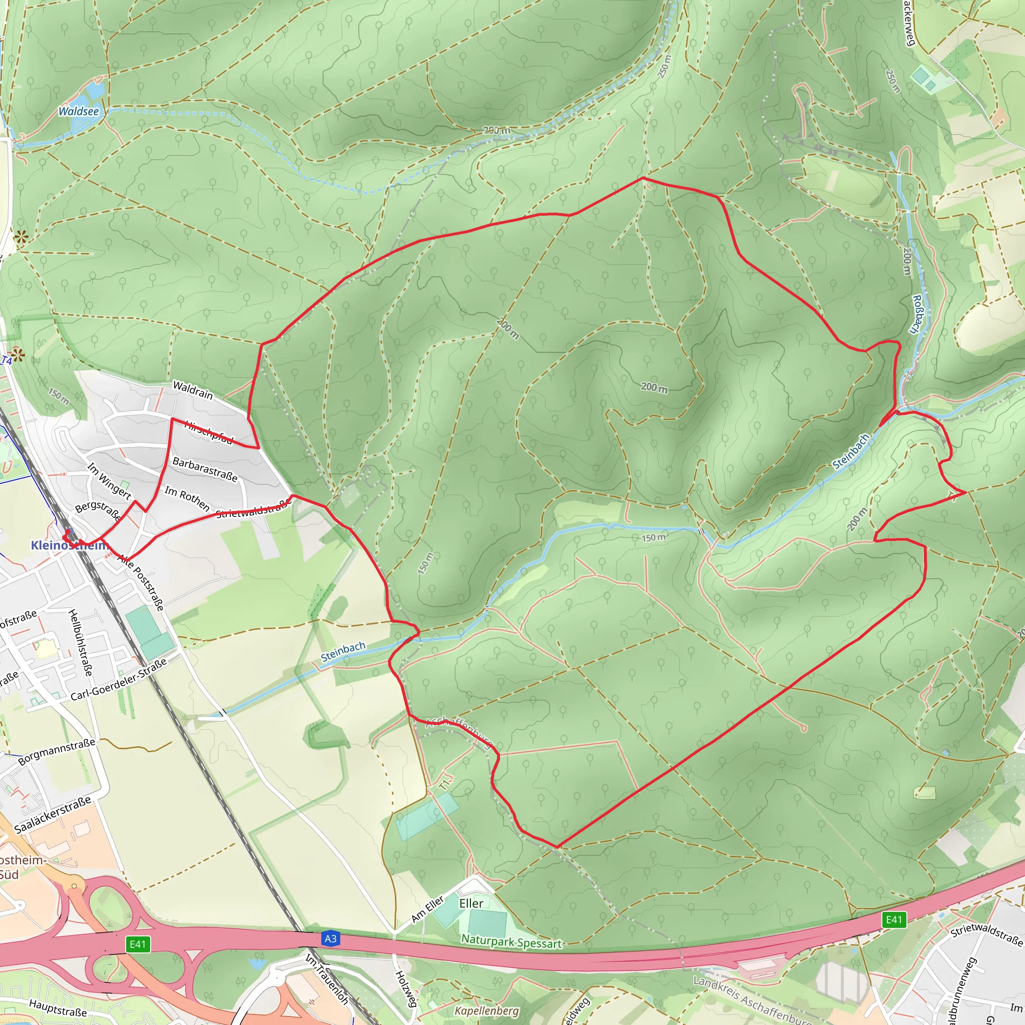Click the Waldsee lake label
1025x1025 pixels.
coord(79,112)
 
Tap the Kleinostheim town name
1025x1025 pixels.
coord(69,546)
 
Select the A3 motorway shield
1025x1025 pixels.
coord(330,938)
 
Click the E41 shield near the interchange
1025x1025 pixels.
coord(138,944)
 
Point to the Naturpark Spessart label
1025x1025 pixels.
coord(511,942)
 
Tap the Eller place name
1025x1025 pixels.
coord(471,903)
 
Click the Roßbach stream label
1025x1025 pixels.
coord(918,314)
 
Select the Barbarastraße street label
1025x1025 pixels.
coord(205,469)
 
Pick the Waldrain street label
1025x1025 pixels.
coord(193,390)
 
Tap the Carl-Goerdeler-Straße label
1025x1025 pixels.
coord(119,679)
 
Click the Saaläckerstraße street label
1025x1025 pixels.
coord(53,814)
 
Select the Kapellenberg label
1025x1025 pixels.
coord(486,1010)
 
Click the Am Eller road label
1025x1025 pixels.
coord(427,909)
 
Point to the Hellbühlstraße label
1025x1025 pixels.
coord(81,643)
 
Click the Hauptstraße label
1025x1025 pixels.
coord(58,1008)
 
